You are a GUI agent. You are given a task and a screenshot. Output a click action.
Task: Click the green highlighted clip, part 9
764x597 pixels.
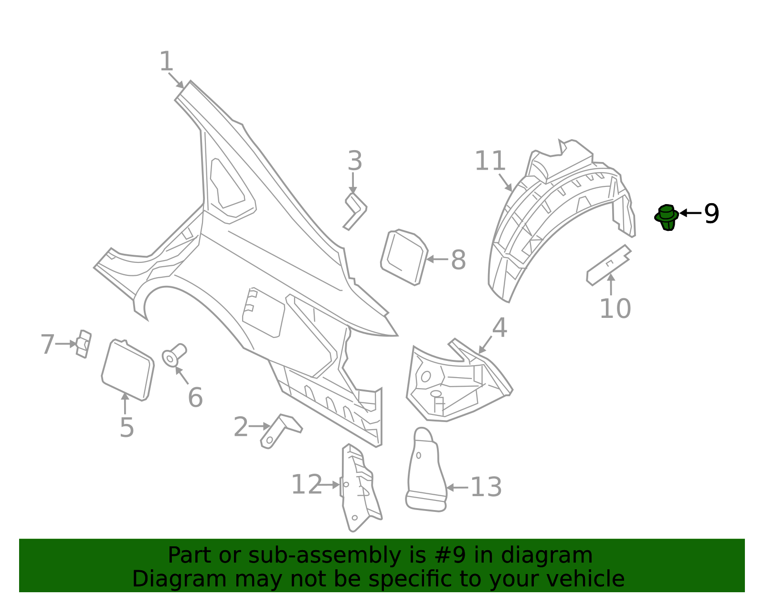(667, 217)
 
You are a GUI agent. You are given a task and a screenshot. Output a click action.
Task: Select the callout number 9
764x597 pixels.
(711, 214)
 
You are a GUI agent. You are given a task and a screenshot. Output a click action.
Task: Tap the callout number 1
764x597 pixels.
(166, 62)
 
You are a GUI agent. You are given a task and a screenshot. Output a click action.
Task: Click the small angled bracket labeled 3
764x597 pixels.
(355, 211)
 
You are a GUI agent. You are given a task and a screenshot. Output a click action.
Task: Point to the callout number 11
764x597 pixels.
(490, 161)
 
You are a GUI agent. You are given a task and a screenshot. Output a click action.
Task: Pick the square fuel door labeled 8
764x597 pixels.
(404, 257)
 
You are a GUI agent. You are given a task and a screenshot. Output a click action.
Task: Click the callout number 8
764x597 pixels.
(458, 261)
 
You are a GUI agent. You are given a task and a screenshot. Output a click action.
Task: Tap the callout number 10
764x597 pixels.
(615, 309)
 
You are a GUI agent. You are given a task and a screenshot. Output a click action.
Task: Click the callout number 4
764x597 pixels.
(499, 328)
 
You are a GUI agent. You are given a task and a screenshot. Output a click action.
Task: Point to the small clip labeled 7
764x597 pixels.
(84, 344)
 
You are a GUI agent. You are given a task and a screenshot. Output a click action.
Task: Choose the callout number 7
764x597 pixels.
(47, 345)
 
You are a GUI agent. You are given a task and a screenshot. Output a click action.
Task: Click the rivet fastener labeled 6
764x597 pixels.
(174, 354)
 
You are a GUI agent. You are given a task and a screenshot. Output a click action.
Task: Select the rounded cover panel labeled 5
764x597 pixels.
(127, 369)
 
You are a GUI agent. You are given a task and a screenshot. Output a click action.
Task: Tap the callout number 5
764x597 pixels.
(127, 427)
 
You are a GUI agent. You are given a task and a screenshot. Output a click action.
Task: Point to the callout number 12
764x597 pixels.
(306, 485)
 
